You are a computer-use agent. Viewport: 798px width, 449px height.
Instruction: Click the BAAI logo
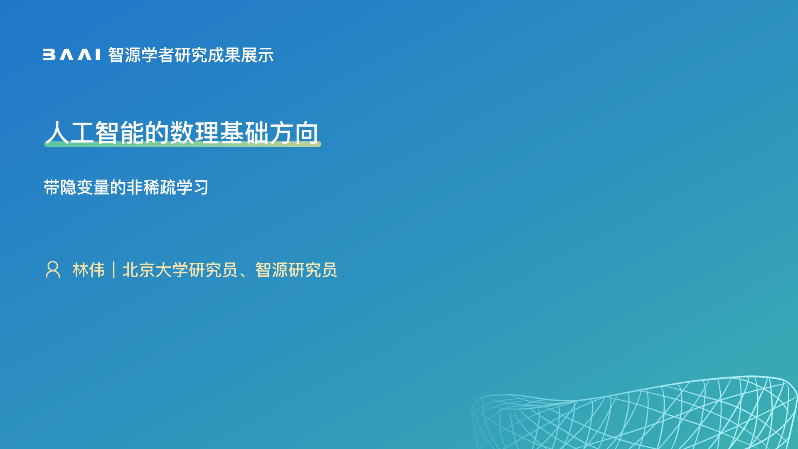[71, 55]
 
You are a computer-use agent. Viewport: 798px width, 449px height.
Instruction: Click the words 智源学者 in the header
[141, 55]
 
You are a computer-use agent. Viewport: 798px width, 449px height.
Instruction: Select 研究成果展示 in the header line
[224, 55]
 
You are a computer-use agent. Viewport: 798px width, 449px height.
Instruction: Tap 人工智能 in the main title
[95, 133]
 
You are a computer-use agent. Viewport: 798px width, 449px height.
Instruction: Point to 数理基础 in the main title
[219, 133]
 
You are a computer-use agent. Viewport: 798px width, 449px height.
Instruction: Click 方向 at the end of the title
[294, 133]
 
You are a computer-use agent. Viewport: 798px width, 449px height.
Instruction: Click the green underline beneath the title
[182, 144]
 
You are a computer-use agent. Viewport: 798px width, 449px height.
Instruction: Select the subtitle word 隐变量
[85, 187]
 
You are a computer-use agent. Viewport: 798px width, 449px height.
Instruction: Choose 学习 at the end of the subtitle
[192, 187]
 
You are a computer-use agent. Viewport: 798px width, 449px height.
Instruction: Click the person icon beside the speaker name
[53, 269]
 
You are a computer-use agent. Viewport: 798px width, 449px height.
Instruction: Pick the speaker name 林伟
[89, 270]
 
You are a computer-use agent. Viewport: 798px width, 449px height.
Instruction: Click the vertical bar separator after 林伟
[113, 270]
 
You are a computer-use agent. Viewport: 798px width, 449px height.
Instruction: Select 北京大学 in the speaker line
[155, 270]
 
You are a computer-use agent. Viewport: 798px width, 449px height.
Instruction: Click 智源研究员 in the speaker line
[296, 270]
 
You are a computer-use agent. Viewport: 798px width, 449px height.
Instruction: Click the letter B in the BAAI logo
[49, 55]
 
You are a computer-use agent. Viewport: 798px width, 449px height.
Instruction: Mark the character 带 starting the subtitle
[52, 187]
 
